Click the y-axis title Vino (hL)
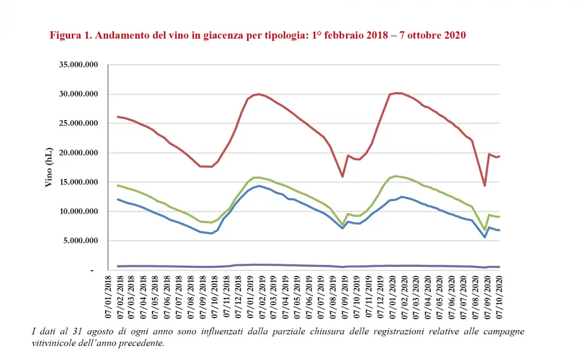pyautogui.click(x=49, y=167)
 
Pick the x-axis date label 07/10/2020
pyautogui.click(x=499, y=296)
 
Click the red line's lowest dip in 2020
pyautogui.click(x=484, y=186)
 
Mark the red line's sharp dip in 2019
pyautogui.click(x=343, y=177)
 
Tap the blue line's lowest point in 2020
pyautogui.click(x=484, y=237)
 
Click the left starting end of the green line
pyautogui.click(x=118, y=185)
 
